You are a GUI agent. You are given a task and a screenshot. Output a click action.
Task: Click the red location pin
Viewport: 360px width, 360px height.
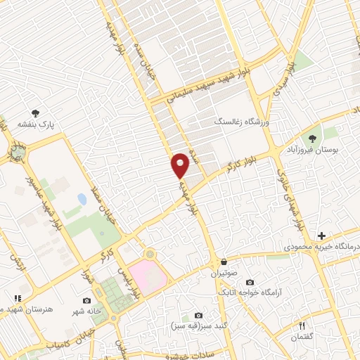[x=181, y=165]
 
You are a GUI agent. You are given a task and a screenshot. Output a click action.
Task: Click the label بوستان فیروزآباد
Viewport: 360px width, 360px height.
[x=314, y=150]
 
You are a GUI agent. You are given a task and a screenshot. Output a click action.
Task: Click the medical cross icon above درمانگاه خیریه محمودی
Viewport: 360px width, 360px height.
[x=321, y=236]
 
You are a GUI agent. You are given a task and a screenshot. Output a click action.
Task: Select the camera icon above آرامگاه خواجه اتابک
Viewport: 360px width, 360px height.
[x=250, y=282]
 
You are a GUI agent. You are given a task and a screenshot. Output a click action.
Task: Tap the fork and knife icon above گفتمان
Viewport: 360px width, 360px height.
[x=302, y=326]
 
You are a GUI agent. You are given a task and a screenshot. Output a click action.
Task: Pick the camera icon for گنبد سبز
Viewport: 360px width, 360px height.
[x=199, y=316]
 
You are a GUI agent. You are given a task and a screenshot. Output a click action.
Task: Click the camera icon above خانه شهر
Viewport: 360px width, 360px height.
[x=86, y=300]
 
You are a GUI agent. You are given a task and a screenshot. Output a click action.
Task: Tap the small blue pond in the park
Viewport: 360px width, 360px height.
[x=82, y=200]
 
